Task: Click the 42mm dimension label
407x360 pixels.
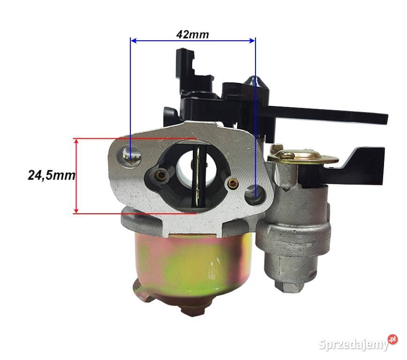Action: click(x=193, y=35)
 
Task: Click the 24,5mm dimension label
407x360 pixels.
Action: click(x=52, y=175)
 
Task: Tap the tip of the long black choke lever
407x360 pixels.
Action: click(x=382, y=119)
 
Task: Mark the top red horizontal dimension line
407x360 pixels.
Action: click(x=136, y=139)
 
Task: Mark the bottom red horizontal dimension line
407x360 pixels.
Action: click(x=136, y=213)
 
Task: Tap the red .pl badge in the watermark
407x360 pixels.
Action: click(x=392, y=340)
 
